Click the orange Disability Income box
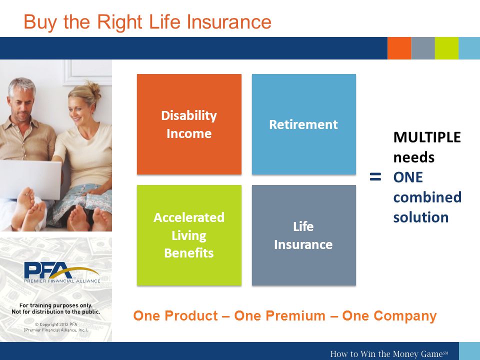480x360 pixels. pyautogui.click(x=189, y=124)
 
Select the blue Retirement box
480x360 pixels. pyautogui.click(x=304, y=124)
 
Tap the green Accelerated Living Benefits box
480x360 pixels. pyautogui.click(x=189, y=235)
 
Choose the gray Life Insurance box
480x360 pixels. pyautogui.click(x=304, y=235)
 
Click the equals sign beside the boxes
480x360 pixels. pyautogui.click(x=375, y=177)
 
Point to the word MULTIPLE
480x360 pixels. pyautogui.click(x=427, y=137)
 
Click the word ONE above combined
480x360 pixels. pyautogui.click(x=408, y=177)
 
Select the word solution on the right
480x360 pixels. pyautogui.click(x=421, y=217)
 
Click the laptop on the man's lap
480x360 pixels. pyautogui.click(x=30, y=179)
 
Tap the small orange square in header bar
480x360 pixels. pyautogui.click(x=399, y=48)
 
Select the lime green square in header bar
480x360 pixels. pyautogui.click(x=446, y=48)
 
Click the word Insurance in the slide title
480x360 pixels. pyautogui.click(x=228, y=22)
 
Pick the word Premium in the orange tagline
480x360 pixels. pyautogui.click(x=295, y=315)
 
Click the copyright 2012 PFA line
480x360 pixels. pyautogui.click(x=56, y=324)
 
